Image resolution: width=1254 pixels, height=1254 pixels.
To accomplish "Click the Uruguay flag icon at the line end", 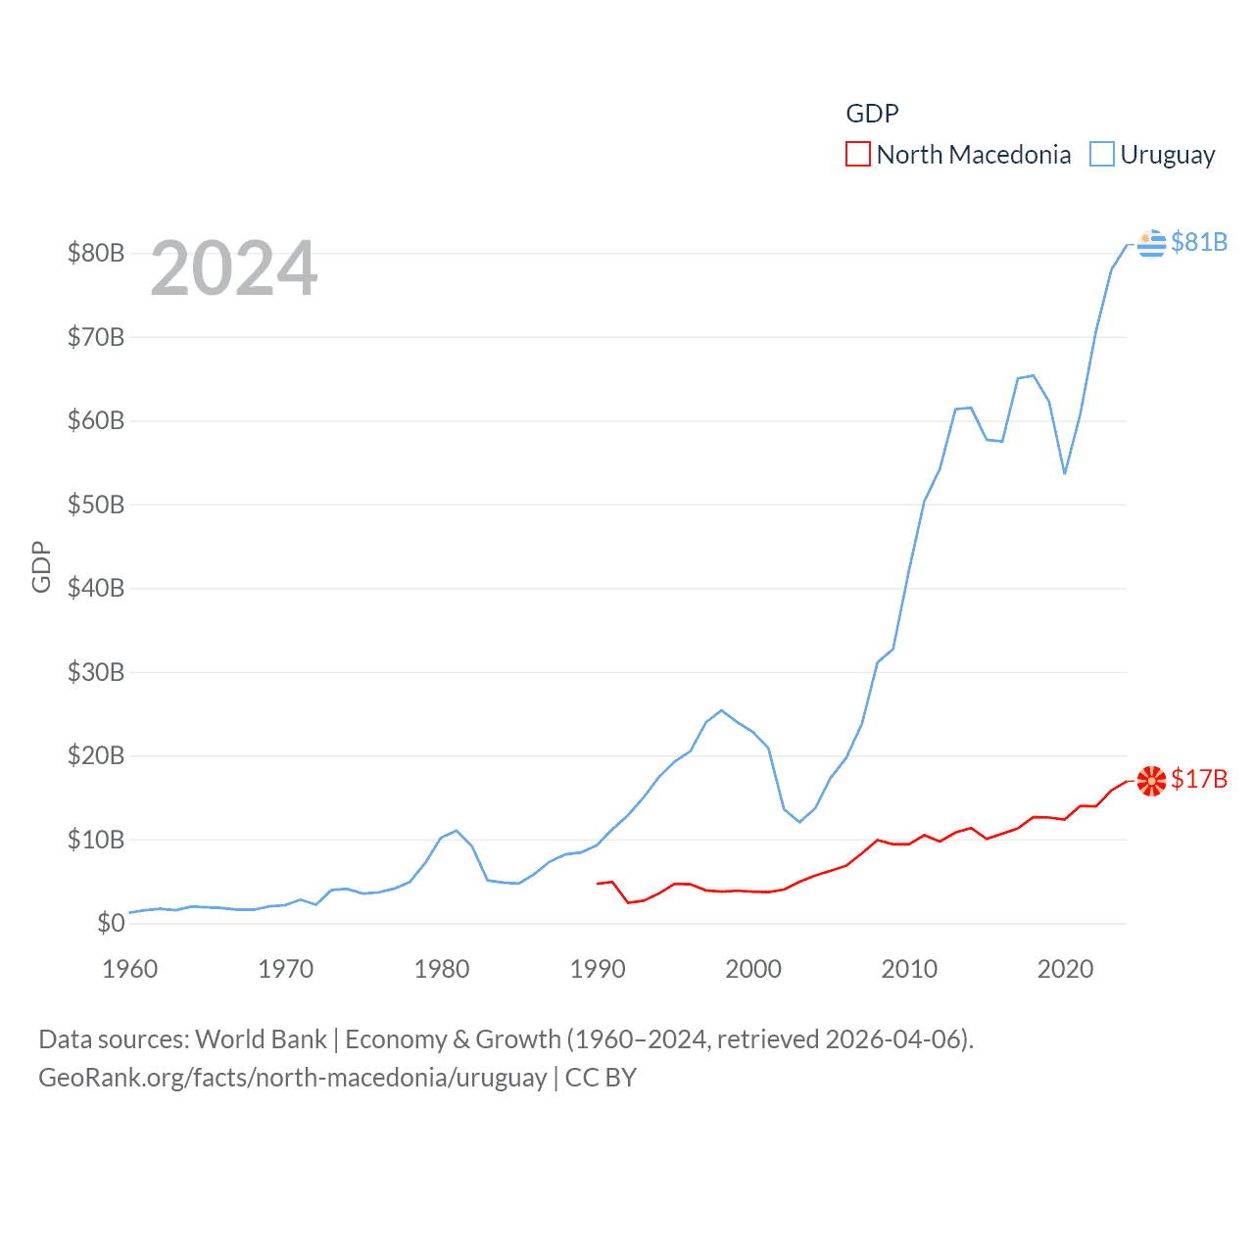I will point(1152,243).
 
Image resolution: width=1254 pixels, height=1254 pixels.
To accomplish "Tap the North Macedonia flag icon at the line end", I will point(1152,780).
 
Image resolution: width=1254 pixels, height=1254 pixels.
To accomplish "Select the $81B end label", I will point(1199,242).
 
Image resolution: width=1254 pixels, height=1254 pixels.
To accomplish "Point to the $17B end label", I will point(1199,779).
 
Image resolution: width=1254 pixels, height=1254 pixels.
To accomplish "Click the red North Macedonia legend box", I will point(858,155).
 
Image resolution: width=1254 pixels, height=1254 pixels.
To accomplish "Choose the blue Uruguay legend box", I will point(1102,155).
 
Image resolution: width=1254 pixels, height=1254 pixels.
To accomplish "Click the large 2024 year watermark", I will point(234,268).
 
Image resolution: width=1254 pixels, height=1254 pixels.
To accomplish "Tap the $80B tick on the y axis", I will point(96,253).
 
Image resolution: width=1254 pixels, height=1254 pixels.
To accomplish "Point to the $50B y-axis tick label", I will point(96,505).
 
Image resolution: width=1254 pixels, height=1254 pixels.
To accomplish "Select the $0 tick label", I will point(111,923).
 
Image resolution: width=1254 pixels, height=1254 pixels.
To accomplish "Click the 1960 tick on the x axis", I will point(130,969).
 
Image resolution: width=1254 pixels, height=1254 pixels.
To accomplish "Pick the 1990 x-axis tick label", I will point(598,969).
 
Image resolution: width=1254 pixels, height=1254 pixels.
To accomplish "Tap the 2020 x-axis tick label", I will point(1065,969).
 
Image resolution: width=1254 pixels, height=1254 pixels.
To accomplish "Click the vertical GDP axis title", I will point(41,566).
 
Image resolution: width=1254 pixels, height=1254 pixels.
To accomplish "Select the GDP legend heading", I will point(872,114).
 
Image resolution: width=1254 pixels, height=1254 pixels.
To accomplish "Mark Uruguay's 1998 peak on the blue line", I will point(722,710).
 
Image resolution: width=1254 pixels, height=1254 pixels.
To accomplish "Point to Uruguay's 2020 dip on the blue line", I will point(1065,473).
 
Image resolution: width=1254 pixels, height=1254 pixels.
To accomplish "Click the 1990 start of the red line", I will point(598,884).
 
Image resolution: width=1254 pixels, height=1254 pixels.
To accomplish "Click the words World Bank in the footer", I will point(262,1039).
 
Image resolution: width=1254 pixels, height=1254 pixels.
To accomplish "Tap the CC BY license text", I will point(601,1078).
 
